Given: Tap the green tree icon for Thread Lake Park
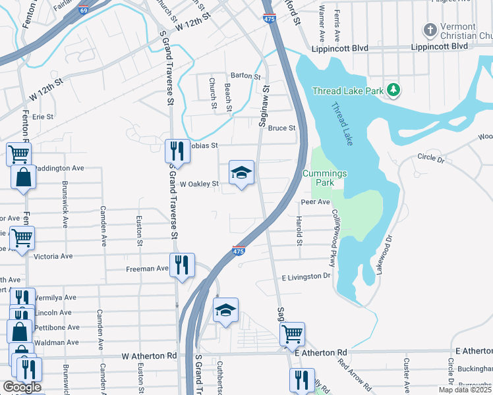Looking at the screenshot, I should coord(393,89).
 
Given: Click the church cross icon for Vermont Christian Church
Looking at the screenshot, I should coord(430,30).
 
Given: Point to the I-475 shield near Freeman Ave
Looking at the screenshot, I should coord(239,251).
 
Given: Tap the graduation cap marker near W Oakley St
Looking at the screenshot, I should coord(241,173).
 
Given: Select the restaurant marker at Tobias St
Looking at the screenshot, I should coord(176,151).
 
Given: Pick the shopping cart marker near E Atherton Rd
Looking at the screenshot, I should coord(292,334).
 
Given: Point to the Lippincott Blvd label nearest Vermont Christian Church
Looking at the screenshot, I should coord(439,47).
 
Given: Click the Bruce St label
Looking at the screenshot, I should coord(281,128).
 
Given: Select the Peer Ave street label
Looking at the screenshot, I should coord(314,202).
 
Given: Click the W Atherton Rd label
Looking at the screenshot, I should coord(150,355).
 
